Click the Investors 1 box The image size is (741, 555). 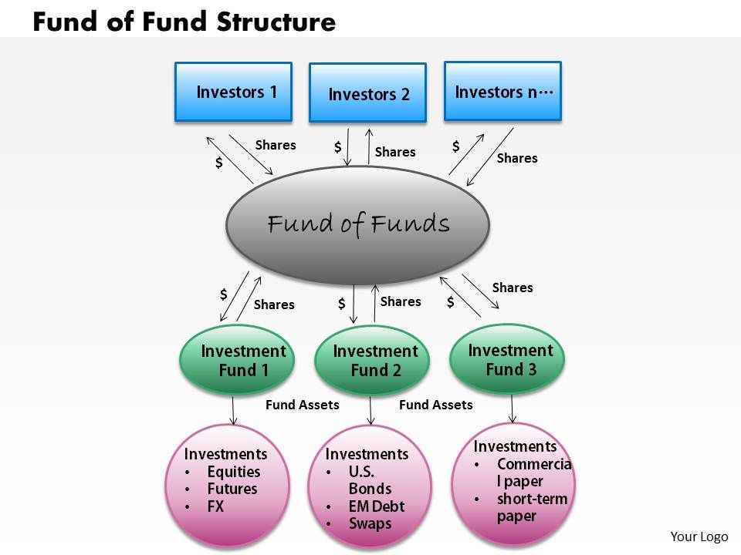[233, 92]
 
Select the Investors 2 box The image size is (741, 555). [367, 93]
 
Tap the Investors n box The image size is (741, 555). [502, 91]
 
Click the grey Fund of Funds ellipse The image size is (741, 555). [357, 223]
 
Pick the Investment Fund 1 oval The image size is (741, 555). [237, 361]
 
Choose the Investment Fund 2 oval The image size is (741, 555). [371, 361]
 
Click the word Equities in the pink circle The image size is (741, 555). [234, 472]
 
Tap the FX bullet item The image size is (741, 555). [215, 506]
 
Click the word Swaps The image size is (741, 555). [370, 523]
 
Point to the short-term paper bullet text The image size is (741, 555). [532, 507]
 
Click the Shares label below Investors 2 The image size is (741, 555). [395, 152]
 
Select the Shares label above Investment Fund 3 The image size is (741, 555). [513, 288]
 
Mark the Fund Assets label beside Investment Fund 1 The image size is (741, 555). [302, 404]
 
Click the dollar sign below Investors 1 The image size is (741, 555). [219, 163]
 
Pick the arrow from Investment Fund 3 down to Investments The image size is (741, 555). [512, 409]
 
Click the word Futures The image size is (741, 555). [232, 489]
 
